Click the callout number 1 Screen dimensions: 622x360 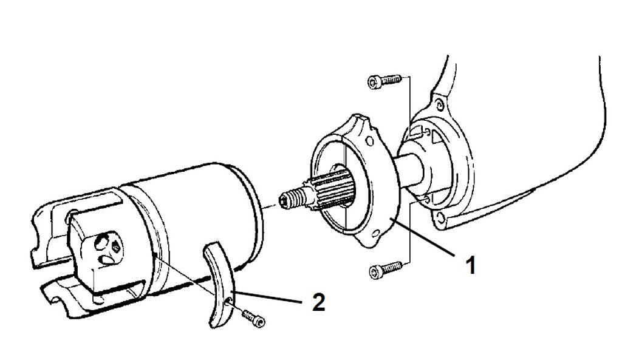(471, 265)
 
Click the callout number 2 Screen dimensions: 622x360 (318, 302)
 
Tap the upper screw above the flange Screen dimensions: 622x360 (384, 81)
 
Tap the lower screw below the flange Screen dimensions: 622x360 (384, 270)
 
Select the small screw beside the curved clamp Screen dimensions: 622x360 (253, 318)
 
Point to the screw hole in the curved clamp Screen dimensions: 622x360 (228, 303)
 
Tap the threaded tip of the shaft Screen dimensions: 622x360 (292, 198)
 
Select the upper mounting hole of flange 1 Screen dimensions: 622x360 (370, 141)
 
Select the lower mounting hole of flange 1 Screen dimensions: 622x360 (375, 234)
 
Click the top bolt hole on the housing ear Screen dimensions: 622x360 (439, 105)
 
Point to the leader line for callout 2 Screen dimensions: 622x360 (267, 297)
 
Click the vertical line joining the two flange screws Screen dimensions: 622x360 (409, 171)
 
